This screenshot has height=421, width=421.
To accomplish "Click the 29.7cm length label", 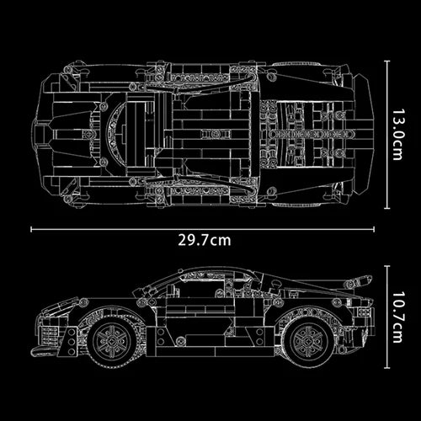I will point(204,240).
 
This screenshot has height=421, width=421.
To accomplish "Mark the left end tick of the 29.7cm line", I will point(31,227).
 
